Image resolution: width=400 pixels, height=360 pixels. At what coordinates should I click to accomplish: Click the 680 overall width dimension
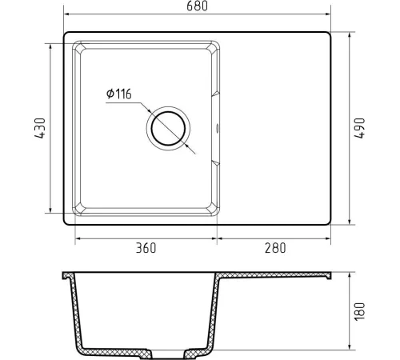click(197, 6)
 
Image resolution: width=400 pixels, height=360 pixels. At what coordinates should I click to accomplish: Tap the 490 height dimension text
click(359, 128)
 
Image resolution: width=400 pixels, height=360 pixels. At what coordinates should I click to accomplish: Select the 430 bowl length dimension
click(40, 128)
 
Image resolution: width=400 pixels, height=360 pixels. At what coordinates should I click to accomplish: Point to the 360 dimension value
click(146, 248)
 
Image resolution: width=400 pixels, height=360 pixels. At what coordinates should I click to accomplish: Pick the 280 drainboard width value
click(275, 248)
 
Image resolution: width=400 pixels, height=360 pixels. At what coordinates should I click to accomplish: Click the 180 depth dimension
click(359, 311)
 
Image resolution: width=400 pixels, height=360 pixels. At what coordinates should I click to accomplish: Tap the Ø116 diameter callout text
click(119, 94)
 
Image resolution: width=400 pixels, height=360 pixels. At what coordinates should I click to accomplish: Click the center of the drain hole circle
click(168, 129)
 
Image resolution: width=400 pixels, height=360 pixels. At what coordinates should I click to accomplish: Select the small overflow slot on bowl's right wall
click(217, 128)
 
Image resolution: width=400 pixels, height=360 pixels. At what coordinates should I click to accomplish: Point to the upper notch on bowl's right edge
click(216, 94)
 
